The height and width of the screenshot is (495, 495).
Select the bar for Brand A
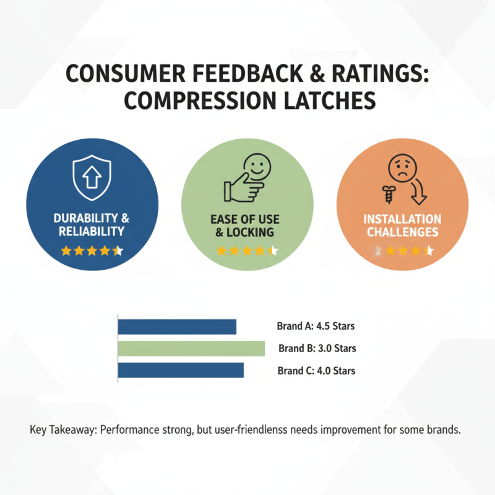[177, 326]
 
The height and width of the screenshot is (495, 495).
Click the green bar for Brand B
[191, 348]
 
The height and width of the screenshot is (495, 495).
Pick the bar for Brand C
[180, 371]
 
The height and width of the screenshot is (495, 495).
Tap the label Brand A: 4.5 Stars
[316, 326]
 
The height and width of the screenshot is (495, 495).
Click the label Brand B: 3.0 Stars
[317, 348]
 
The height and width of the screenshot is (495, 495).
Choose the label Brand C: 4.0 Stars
[316, 371]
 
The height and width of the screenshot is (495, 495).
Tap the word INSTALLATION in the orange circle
[402, 220]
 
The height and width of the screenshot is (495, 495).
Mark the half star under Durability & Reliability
[119, 251]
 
